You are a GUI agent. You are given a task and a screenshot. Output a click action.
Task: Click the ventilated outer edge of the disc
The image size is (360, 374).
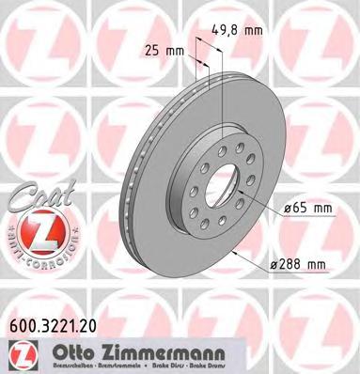(x=133, y=179)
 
